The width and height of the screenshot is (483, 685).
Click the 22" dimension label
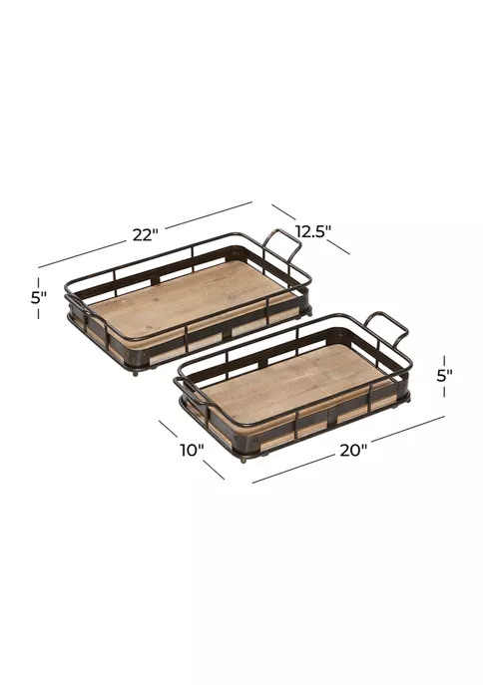click(145, 235)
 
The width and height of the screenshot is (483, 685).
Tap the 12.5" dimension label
click(313, 231)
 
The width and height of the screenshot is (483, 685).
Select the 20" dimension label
click(353, 451)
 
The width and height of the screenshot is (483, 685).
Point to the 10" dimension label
click(192, 450)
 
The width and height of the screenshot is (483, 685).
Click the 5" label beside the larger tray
click(39, 298)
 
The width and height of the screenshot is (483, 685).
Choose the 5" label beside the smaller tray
click(444, 376)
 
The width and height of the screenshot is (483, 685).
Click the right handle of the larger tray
click(282, 246)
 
